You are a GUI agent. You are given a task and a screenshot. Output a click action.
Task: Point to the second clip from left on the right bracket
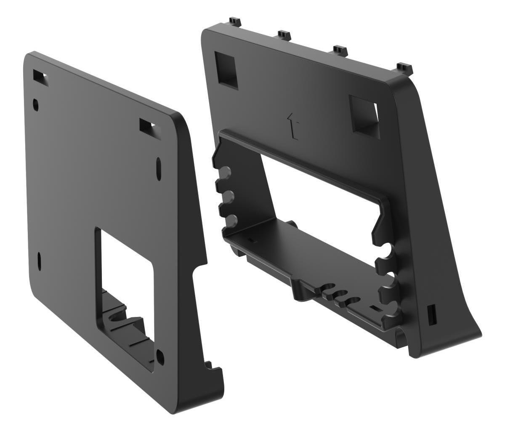pyautogui.click(x=285, y=33)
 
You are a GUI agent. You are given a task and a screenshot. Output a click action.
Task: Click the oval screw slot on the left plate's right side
pyautogui.click(x=159, y=169)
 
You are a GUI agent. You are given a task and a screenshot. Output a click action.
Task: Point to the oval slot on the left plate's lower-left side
pyautogui.click(x=39, y=261)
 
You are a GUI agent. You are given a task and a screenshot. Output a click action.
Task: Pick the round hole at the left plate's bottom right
pyautogui.click(x=159, y=357)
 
